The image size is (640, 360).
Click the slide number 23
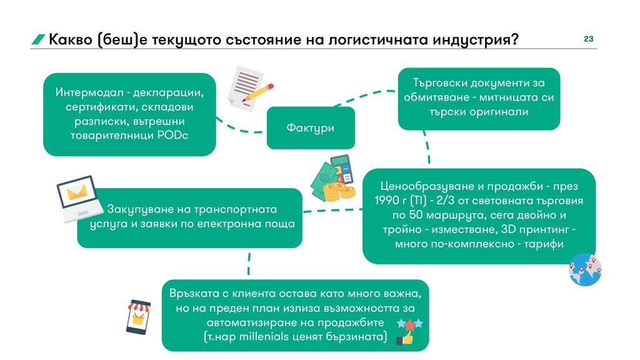[588, 39]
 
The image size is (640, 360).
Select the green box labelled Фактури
[310, 127]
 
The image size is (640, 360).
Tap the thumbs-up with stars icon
[407, 331]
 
